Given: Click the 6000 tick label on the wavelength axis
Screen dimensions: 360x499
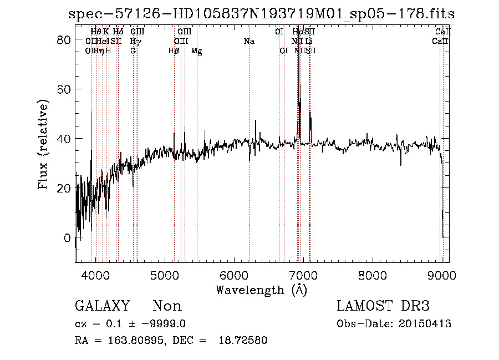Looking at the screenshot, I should pos(234,275).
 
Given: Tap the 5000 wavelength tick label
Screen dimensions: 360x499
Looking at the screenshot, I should pos(165,275).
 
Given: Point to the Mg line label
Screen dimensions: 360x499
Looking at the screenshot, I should pos(196,51).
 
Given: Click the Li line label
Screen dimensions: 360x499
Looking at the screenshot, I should pos(309,42).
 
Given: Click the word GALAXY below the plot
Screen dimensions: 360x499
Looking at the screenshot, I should pos(102,306).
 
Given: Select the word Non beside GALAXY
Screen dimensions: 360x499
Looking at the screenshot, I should pos(167,306).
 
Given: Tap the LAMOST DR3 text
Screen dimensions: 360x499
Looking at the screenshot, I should pos(383,306).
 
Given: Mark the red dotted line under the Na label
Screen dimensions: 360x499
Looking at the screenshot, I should pos(250,166).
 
